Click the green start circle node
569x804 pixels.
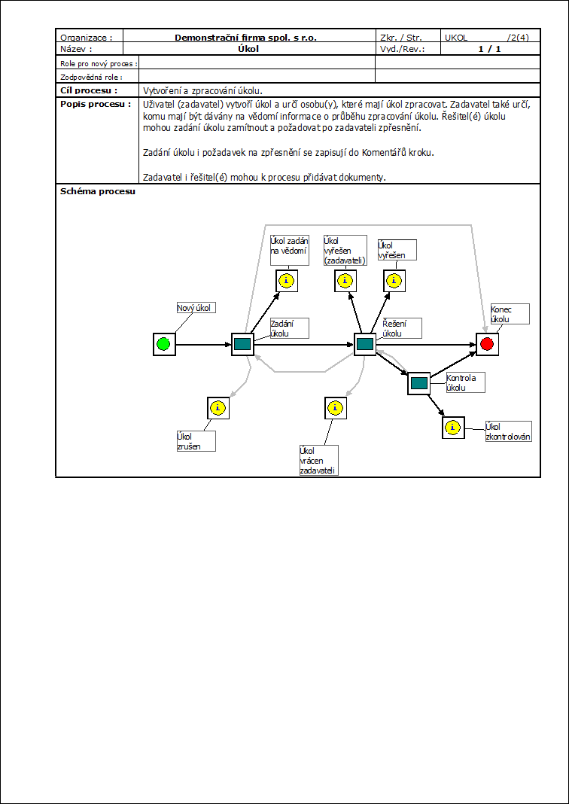pyautogui.click(x=163, y=345)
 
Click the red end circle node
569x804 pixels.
pyautogui.click(x=487, y=344)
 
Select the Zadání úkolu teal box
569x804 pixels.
pyautogui.click(x=242, y=344)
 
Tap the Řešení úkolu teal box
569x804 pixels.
pyautogui.click(x=365, y=344)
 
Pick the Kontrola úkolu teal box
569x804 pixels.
pyautogui.click(x=419, y=383)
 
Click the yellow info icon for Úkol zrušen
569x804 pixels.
pyautogui.click(x=218, y=408)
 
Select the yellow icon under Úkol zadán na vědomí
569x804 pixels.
pyautogui.click(x=286, y=281)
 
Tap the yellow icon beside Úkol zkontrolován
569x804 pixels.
pyautogui.click(x=452, y=428)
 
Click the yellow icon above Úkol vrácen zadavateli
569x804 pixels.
pyautogui.click(x=335, y=408)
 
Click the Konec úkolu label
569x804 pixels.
pyautogui.click(x=510, y=314)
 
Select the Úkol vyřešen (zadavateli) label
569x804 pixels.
pyautogui.click(x=344, y=250)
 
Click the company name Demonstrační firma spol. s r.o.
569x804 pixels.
pyautogui.click(x=245, y=37)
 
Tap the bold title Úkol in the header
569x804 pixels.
pyautogui.click(x=248, y=49)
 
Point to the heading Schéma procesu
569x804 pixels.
pyautogui.click(x=97, y=191)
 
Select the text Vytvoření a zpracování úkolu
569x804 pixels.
pyautogui.click(x=202, y=90)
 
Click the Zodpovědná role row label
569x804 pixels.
pyautogui.click(x=90, y=77)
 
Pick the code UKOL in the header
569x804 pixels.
pyautogui.click(x=456, y=37)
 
